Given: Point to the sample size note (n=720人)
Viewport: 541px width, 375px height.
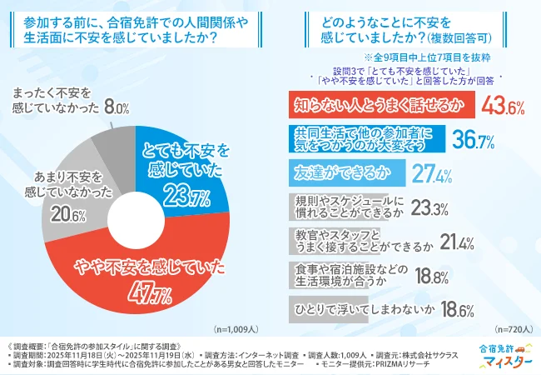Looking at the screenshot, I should point(514,329).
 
